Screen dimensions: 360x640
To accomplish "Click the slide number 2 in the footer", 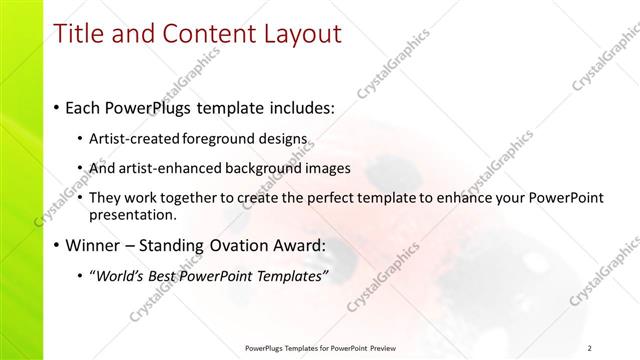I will click(591, 348).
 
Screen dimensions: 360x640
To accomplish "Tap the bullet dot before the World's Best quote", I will click(80, 277).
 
